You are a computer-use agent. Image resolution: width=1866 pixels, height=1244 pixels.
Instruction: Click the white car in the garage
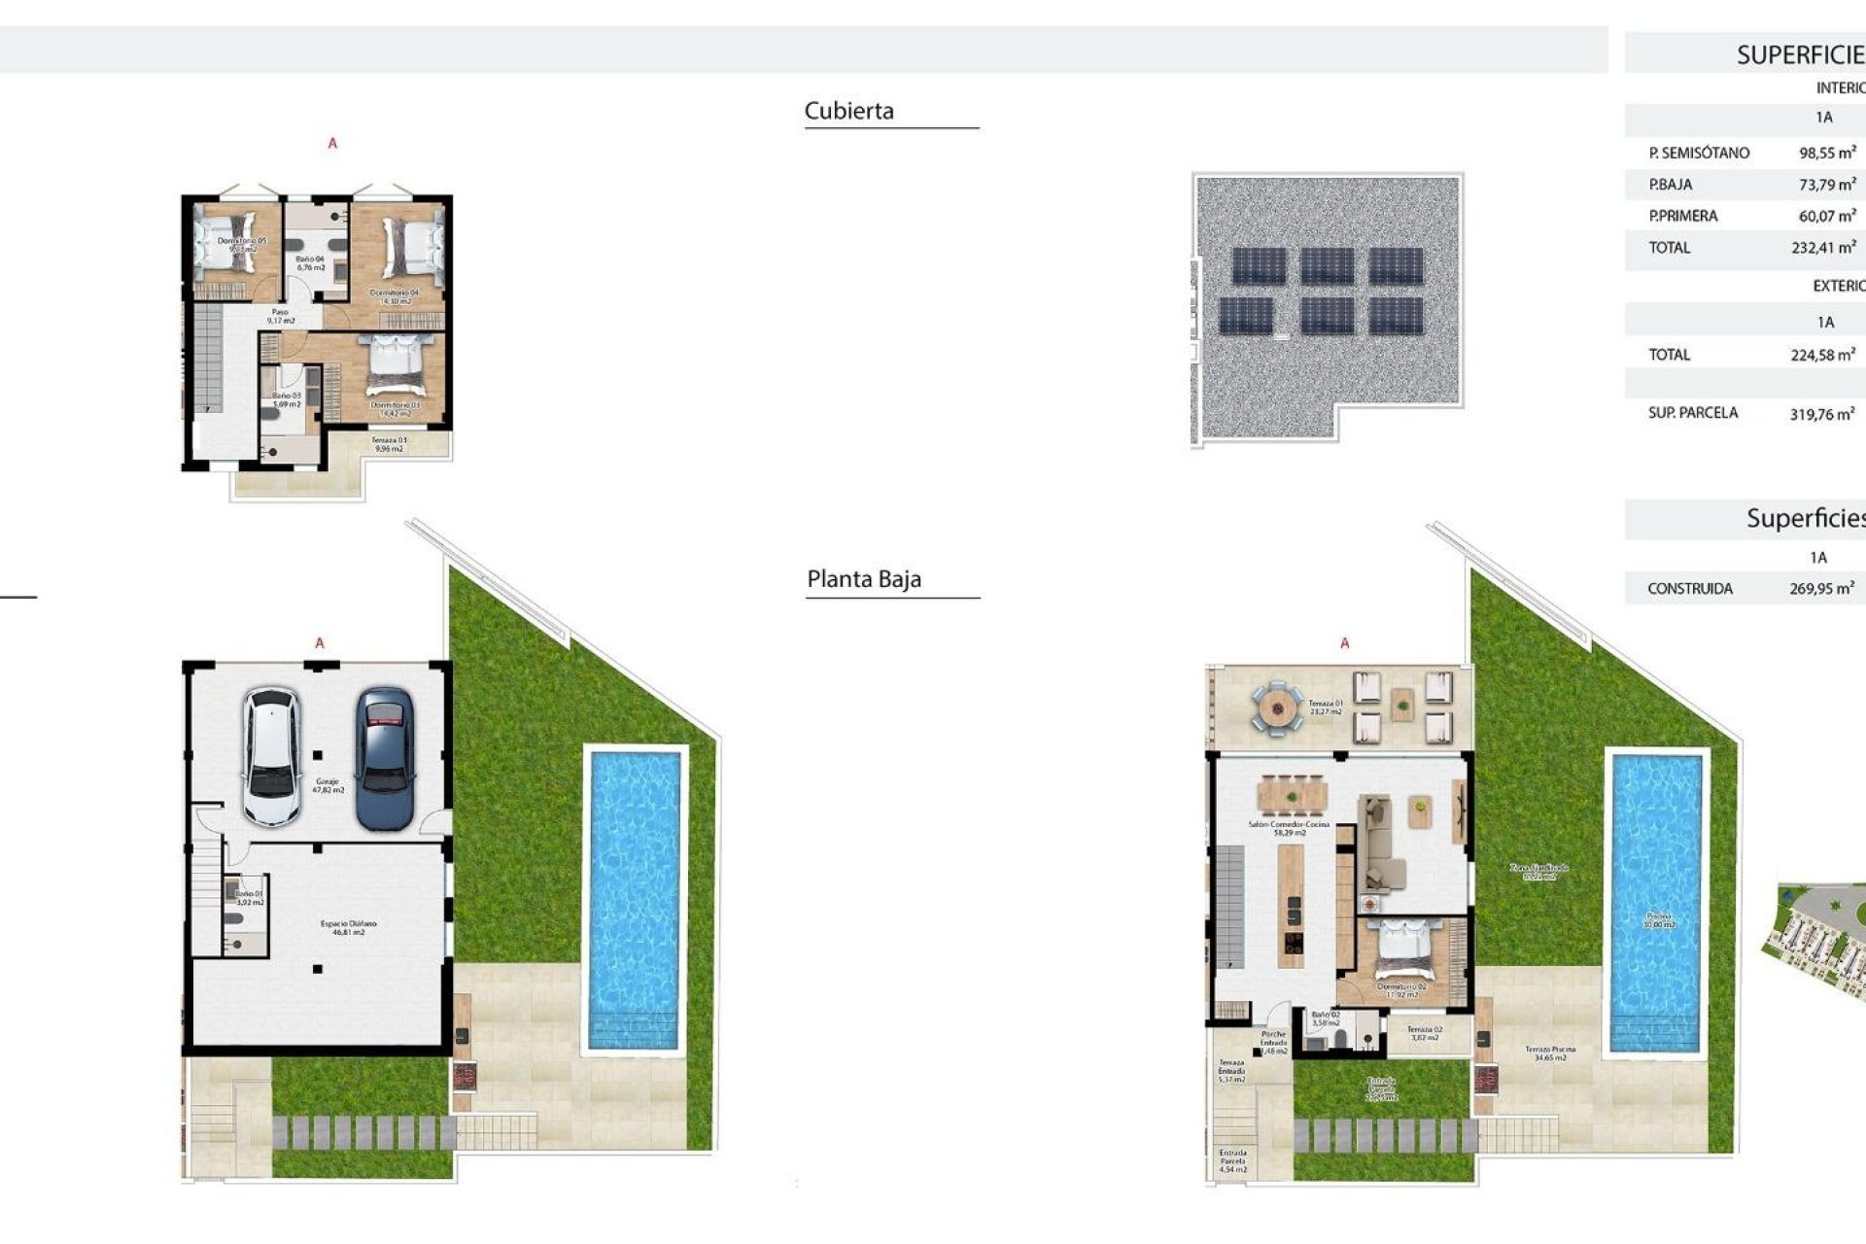pyautogui.click(x=271, y=757)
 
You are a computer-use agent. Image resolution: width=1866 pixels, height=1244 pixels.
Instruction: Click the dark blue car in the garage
pyautogui.click(x=385, y=759)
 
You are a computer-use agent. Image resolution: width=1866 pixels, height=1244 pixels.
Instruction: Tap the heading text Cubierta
pyautogui.click(x=848, y=111)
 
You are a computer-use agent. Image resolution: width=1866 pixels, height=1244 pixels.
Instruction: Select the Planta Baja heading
pyautogui.click(x=863, y=579)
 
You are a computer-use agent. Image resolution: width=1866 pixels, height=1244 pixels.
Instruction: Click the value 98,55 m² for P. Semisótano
pyautogui.click(x=1826, y=153)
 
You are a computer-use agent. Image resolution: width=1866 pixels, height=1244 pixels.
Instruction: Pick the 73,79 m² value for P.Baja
pyautogui.click(x=1826, y=184)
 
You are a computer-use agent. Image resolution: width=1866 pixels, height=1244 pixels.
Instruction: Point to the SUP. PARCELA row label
pyautogui.click(x=1692, y=413)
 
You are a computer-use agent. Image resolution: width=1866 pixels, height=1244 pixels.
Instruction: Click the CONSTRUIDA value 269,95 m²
pyautogui.click(x=1820, y=588)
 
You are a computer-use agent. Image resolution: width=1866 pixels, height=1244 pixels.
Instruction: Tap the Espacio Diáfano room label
pyautogui.click(x=348, y=927)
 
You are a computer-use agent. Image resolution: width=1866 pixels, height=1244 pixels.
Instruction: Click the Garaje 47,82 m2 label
pyautogui.click(x=328, y=785)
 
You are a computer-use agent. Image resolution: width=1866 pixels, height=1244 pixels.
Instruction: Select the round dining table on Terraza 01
pyautogui.click(x=1276, y=708)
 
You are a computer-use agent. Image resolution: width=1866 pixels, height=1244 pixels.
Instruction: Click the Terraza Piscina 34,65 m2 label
pyautogui.click(x=1549, y=1054)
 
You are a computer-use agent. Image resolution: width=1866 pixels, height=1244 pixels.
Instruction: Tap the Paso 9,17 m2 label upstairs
pyautogui.click(x=280, y=316)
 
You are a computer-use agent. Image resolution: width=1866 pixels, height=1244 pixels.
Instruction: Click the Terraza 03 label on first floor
pyautogui.click(x=389, y=444)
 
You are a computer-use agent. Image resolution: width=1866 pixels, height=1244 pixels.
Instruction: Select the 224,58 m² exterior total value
pyautogui.click(x=1821, y=355)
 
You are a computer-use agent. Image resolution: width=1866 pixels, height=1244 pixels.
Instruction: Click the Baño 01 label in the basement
pyautogui.click(x=250, y=897)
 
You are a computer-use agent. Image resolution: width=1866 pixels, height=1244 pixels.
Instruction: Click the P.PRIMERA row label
pyautogui.click(x=1682, y=216)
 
